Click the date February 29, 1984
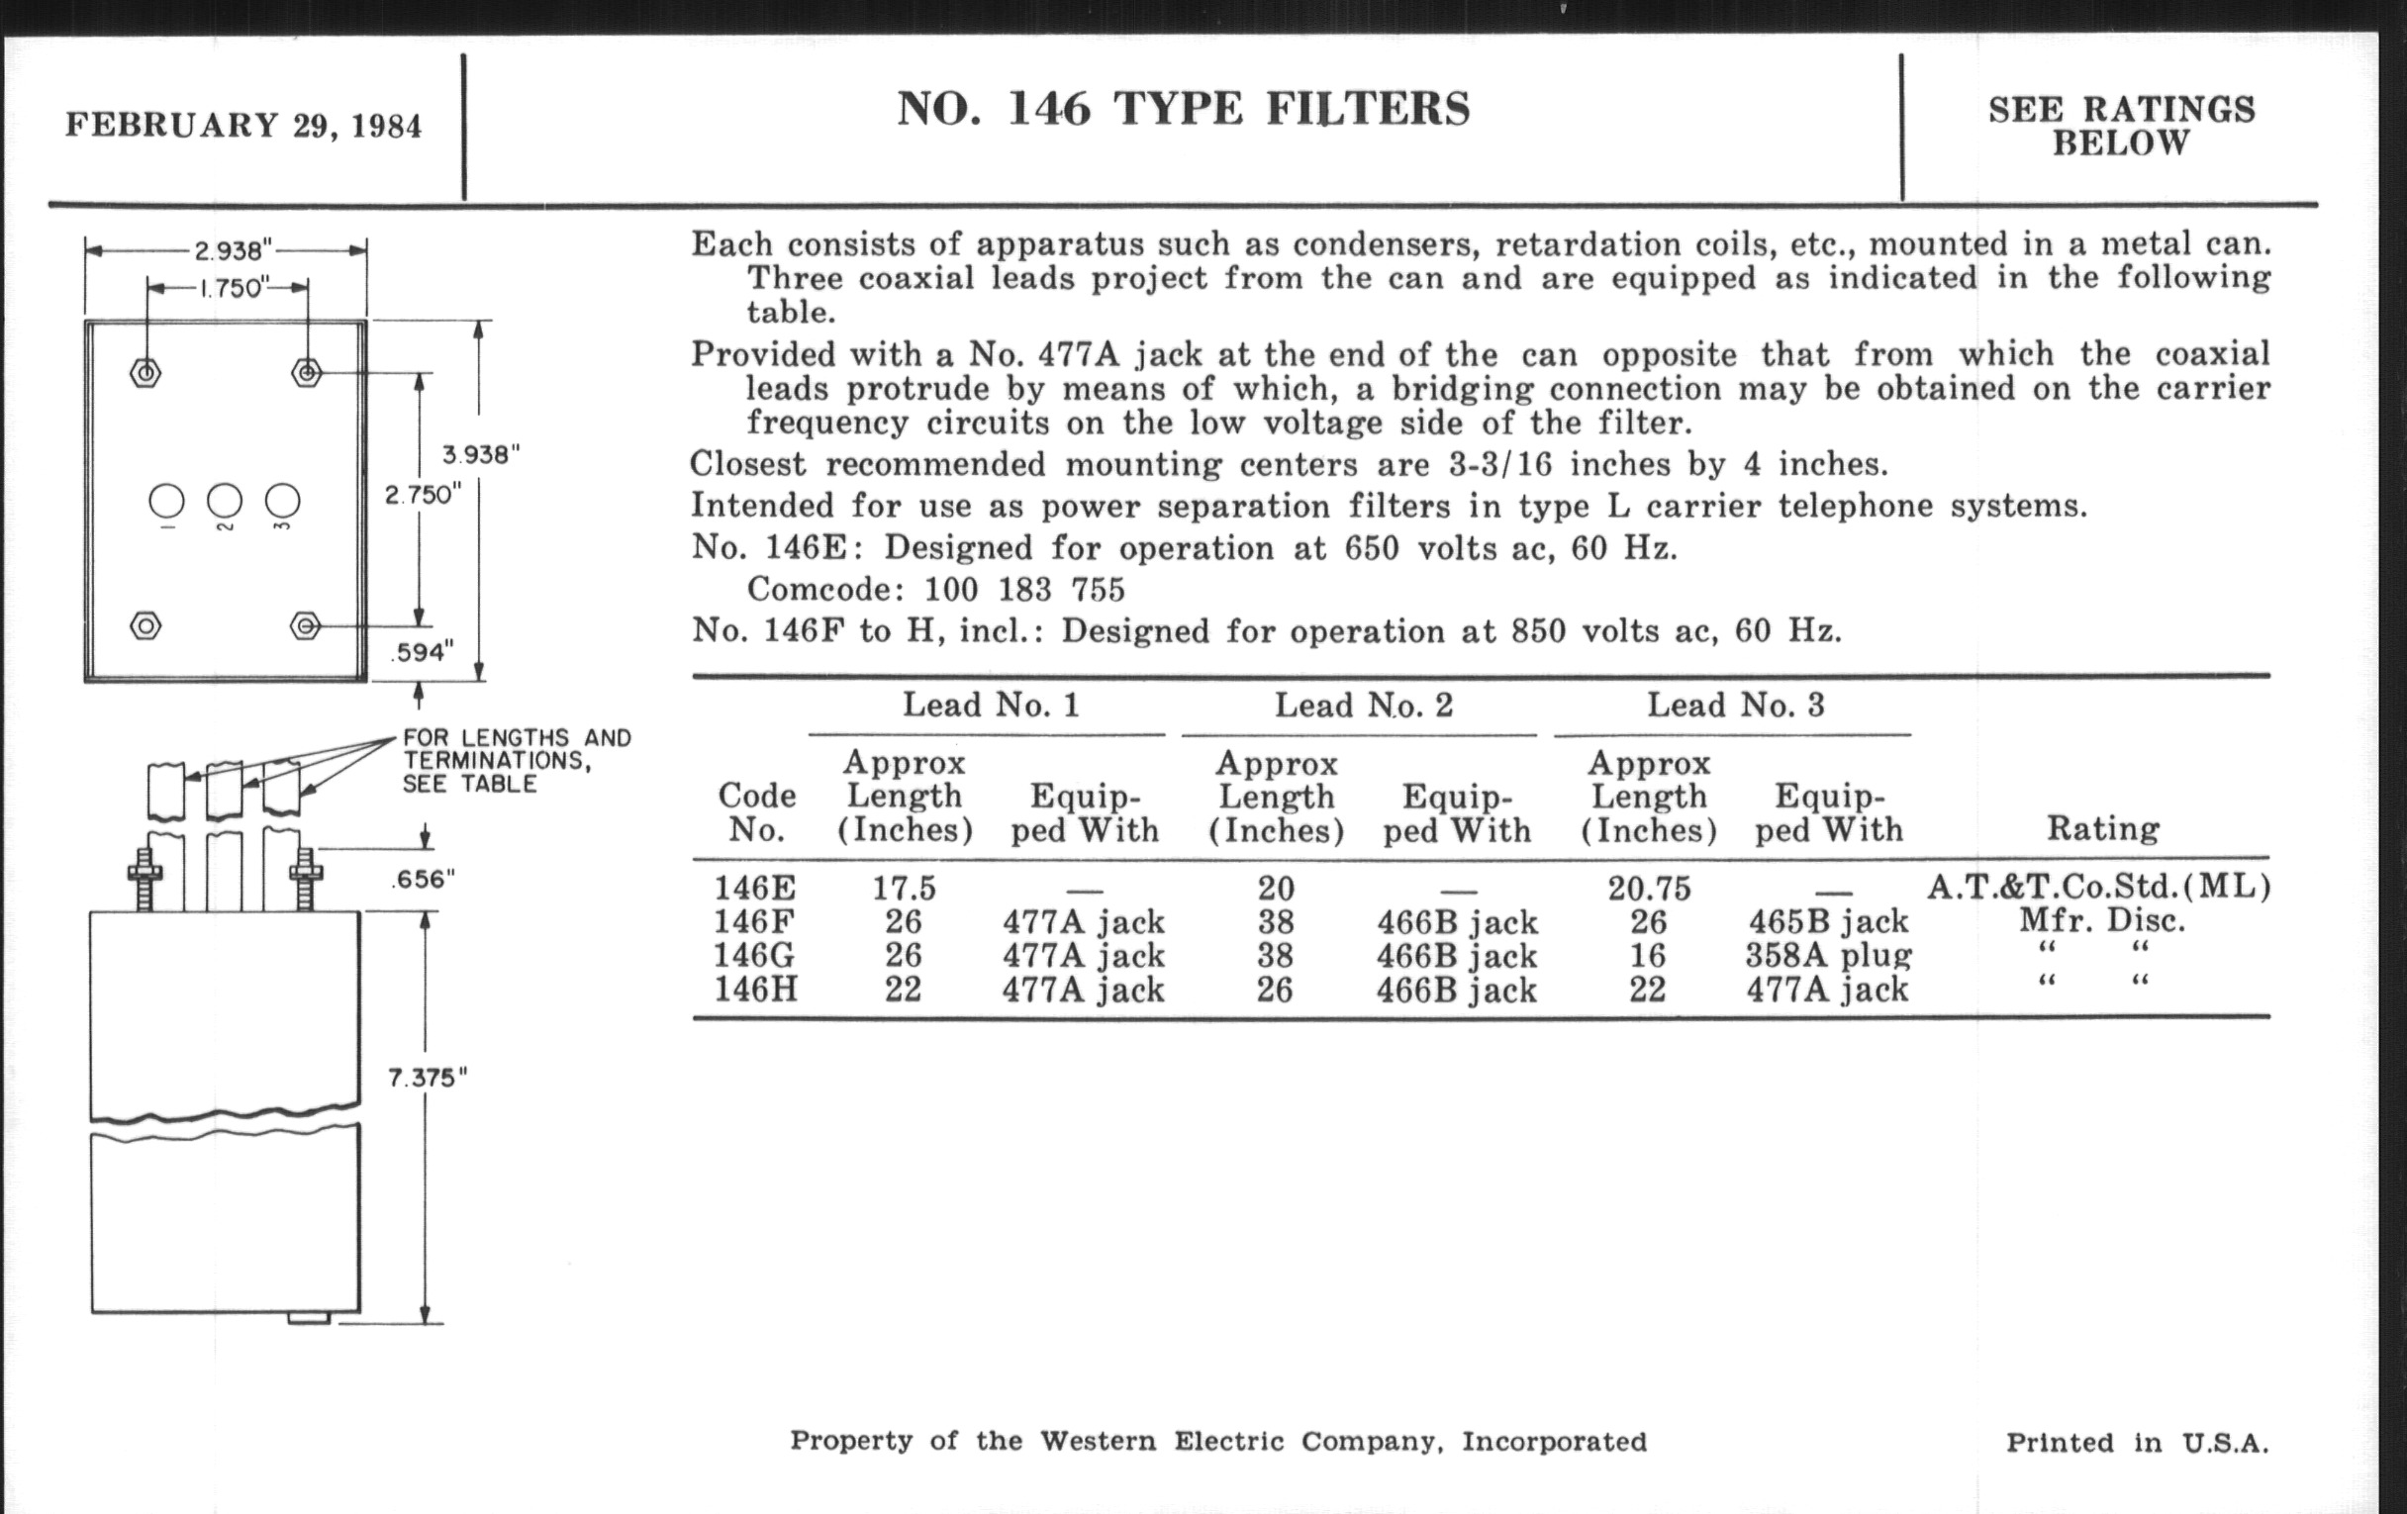click(243, 126)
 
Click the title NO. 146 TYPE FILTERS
click(1183, 109)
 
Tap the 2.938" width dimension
click(233, 249)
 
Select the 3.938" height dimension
click(481, 455)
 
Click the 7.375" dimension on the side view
click(427, 1079)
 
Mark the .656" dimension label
click(423, 880)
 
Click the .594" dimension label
click(421, 652)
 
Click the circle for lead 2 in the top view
click(225, 501)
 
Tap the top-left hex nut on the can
click(145, 374)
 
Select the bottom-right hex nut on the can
click(306, 626)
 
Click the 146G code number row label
click(755, 955)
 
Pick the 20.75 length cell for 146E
click(1647, 889)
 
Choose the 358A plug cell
click(1827, 955)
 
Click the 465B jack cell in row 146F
click(1827, 921)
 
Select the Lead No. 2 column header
click(1364, 706)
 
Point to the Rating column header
click(2102, 828)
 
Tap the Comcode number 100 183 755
click(1023, 590)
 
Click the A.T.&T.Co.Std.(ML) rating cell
click(2099, 888)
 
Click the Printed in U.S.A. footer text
click(2136, 1443)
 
